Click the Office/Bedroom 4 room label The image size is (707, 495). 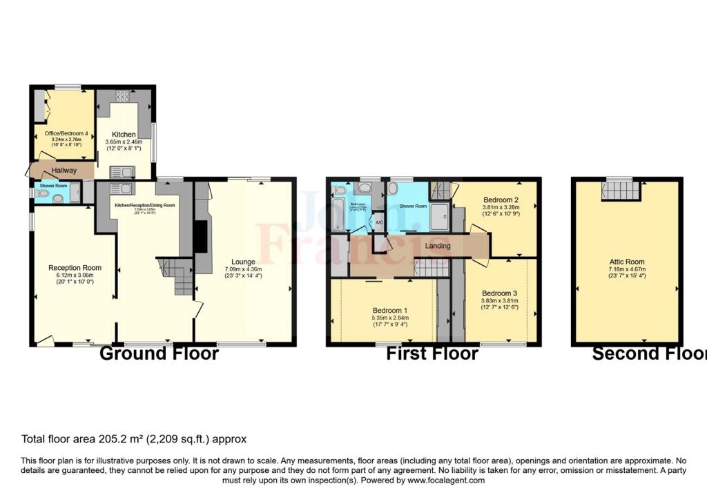click(61, 133)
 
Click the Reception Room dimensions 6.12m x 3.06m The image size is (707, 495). click(75, 275)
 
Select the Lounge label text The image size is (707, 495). click(244, 262)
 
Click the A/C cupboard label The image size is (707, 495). click(378, 223)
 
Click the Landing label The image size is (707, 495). click(438, 246)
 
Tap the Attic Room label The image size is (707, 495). click(626, 262)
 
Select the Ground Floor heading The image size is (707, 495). click(159, 353)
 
